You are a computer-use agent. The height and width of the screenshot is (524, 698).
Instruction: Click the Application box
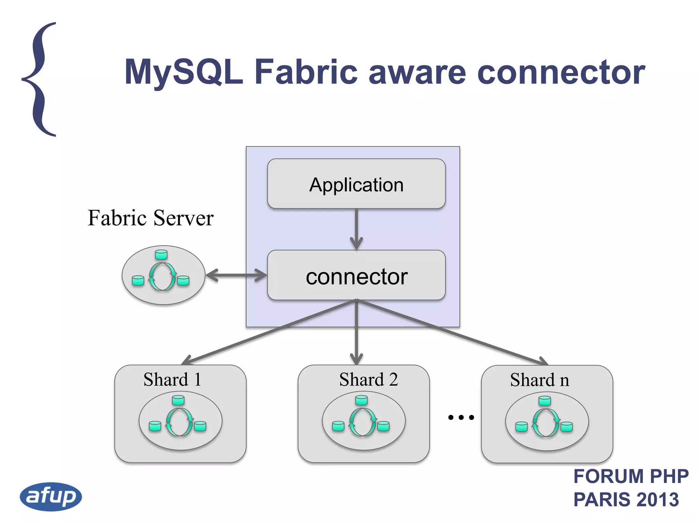(356, 184)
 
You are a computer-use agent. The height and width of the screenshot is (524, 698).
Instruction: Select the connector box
(356, 276)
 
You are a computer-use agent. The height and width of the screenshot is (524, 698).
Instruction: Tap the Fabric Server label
(151, 218)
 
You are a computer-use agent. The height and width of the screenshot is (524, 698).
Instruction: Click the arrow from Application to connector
(356, 229)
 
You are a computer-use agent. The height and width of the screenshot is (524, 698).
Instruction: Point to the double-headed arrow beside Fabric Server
(236, 275)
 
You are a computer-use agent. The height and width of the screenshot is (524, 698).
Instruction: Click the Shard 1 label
(172, 380)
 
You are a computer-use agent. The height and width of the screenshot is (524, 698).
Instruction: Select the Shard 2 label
(368, 380)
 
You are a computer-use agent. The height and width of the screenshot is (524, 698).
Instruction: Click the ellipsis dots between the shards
(461, 417)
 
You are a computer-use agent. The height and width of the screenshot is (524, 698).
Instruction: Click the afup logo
(51, 496)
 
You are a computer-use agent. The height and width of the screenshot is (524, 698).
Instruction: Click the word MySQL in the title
(184, 72)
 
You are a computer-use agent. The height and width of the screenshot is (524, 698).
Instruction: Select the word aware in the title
(417, 72)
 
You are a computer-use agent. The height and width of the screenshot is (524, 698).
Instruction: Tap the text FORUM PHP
(631, 477)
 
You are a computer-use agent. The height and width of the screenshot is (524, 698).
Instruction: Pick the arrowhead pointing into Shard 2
(356, 360)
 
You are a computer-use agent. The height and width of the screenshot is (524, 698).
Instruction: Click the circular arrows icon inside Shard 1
(179, 422)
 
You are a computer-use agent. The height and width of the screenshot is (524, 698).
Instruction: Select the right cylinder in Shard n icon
(566, 427)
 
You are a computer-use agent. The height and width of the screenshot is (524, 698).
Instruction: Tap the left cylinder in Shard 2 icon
(338, 426)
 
